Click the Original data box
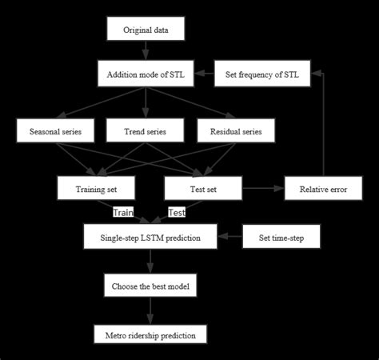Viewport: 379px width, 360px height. pyautogui.click(x=145, y=30)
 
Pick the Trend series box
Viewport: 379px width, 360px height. pyautogui.click(x=145, y=130)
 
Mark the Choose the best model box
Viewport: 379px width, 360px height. pyautogui.click(x=150, y=286)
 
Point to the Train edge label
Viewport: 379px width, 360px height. pyautogui.click(x=122, y=213)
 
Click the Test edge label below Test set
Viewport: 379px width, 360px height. pyautogui.click(x=177, y=213)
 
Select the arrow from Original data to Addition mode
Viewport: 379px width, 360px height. pyautogui.click(x=145, y=51)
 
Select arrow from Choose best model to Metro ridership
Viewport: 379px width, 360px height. pyautogui.click(x=150, y=310)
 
